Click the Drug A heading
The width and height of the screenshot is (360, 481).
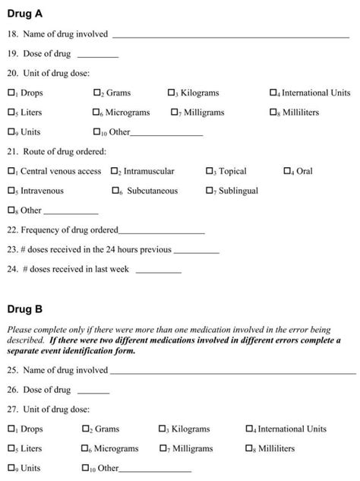point(26,14)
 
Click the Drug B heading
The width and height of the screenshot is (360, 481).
point(26,309)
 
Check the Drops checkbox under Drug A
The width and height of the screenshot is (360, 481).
point(11,93)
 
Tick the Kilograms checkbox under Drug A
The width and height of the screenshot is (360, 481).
point(172,93)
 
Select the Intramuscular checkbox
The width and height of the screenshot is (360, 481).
point(115,172)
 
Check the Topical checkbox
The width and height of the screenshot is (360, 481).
point(210,172)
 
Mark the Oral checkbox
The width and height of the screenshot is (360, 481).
point(287,172)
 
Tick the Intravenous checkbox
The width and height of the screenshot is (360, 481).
point(11,191)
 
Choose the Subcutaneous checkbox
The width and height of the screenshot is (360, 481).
point(115,191)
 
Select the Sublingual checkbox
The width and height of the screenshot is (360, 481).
point(210,191)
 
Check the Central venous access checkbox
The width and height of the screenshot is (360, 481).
point(11,172)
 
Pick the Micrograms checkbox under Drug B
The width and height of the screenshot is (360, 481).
point(86,449)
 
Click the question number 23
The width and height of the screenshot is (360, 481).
point(12,249)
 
